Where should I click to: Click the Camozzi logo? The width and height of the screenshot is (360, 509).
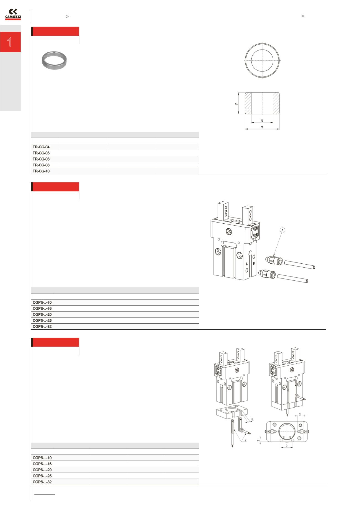coord(13,14)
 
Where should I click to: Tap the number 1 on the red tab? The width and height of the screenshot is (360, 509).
coord(10,42)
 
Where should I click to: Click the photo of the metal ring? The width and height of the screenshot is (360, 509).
coord(54,60)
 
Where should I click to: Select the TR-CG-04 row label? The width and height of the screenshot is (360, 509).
coord(41,147)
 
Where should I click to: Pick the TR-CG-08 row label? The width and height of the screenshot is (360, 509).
coord(41,165)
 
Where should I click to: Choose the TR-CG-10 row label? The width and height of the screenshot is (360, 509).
coord(41,171)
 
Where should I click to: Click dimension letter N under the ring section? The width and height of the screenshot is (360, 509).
coord(262,121)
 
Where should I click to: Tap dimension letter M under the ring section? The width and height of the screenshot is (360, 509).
coord(262,127)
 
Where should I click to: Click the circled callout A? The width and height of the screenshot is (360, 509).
coord(282,230)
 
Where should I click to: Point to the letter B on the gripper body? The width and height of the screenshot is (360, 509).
coord(254,263)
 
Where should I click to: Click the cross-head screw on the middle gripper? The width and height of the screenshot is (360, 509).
coord(230,231)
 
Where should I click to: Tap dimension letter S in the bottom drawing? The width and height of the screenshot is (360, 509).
coord(300,415)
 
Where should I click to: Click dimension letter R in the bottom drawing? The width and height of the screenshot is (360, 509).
coord(286,446)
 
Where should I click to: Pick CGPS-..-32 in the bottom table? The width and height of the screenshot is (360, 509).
coord(42,482)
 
